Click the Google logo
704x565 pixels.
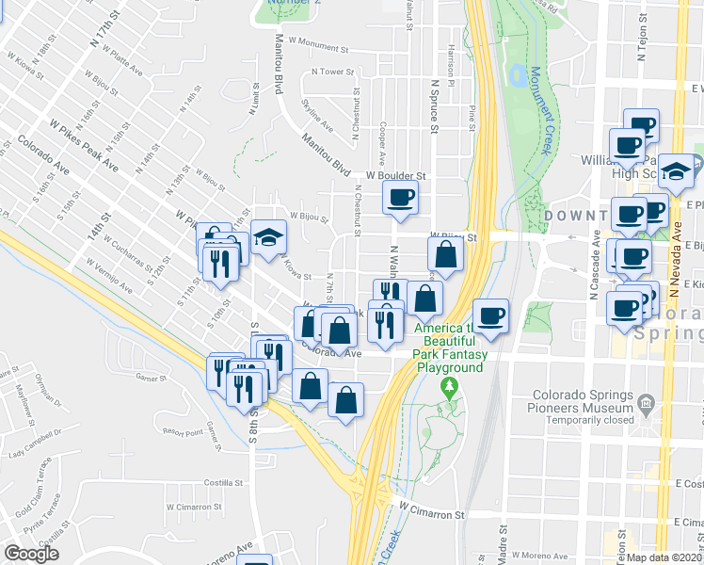coord(31,554)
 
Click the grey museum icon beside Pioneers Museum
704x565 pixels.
coord(646,404)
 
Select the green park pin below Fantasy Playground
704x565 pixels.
coord(450,386)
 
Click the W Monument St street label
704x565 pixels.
coord(319,43)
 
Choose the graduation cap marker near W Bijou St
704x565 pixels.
coord(268,236)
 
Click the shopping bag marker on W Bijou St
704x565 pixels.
coord(445,254)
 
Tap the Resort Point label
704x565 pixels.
coord(182,433)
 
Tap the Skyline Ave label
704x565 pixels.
coord(316,114)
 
